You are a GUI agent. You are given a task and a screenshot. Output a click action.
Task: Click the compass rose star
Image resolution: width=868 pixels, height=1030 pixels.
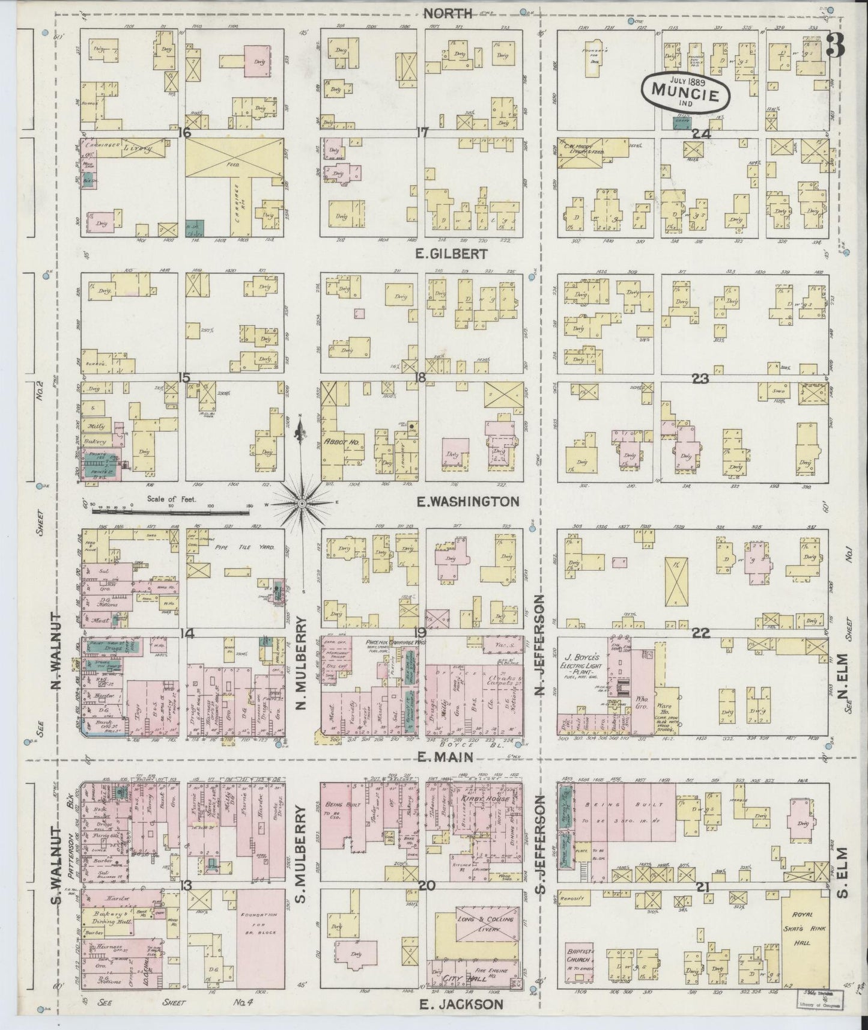click(x=302, y=501)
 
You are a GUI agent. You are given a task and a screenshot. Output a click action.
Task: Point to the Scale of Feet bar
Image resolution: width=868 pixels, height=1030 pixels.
click(x=171, y=513)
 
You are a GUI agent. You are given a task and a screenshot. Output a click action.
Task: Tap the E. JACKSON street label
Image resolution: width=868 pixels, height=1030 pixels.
click(x=459, y=1004)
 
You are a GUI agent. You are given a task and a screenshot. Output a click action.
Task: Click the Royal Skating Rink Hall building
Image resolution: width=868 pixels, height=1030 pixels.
click(x=805, y=940)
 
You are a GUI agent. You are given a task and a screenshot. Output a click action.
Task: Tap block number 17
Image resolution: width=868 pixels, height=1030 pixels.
click(x=422, y=133)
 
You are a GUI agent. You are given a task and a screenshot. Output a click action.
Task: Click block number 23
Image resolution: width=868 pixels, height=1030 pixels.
click(x=700, y=379)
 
